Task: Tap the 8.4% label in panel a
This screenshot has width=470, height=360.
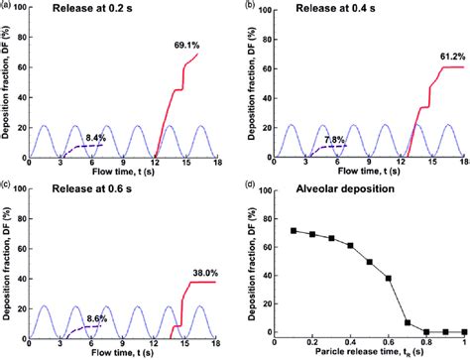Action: (x=95, y=138)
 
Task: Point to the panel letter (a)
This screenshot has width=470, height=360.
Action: (x=8, y=7)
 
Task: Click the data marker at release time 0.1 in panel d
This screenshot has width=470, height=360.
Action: (x=294, y=230)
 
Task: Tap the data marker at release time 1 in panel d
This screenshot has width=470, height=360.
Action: (x=462, y=331)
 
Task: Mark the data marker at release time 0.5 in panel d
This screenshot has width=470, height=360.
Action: (x=369, y=262)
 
